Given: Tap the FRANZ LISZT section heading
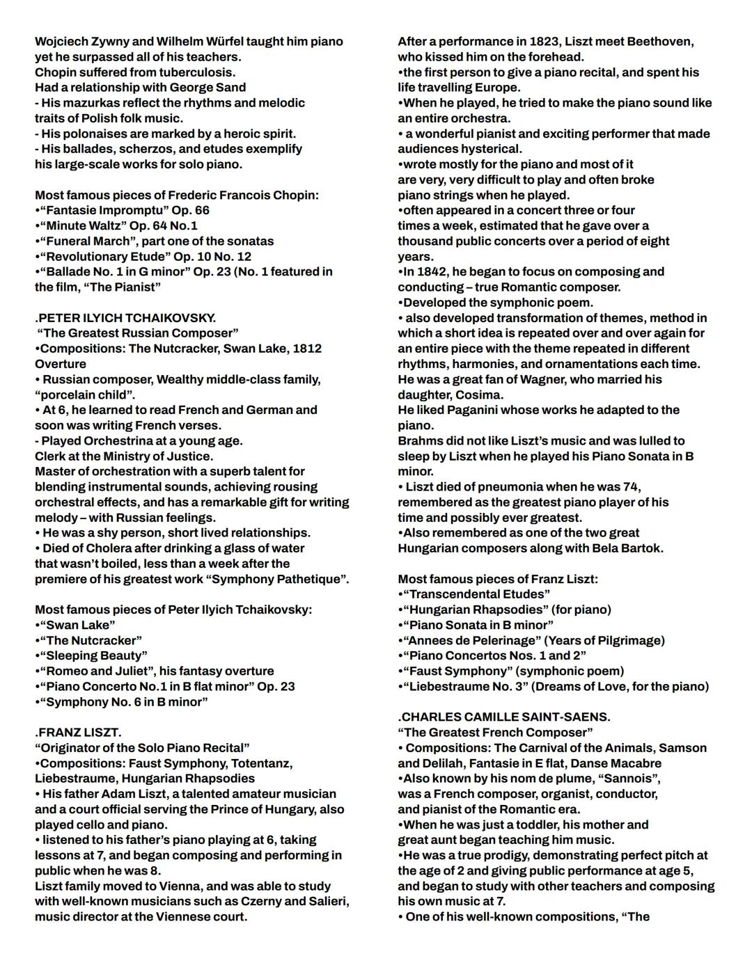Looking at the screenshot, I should (x=78, y=733).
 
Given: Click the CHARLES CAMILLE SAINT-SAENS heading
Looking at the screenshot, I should (x=504, y=717).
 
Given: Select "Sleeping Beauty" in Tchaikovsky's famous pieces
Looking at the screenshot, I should (x=93, y=655).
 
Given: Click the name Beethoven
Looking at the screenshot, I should (x=659, y=42).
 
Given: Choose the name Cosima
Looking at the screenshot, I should (x=480, y=395).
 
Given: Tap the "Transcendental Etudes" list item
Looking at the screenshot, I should (x=476, y=594).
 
